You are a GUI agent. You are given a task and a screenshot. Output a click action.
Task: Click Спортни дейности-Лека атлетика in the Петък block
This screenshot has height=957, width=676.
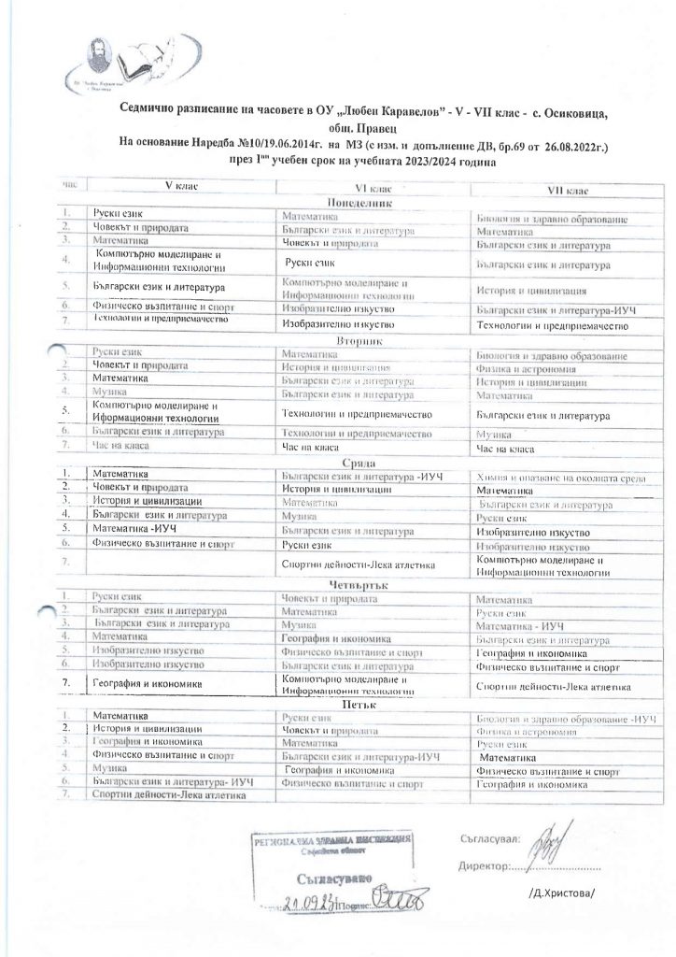(x=169, y=794)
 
